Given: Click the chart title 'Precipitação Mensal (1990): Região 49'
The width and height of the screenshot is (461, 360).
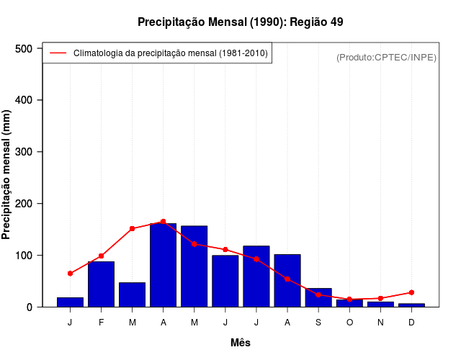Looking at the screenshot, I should pyautogui.click(x=240, y=22).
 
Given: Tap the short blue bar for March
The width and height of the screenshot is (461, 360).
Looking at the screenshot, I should pyautogui.click(x=133, y=294).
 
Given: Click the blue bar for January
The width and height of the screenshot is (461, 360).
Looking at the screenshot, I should pyautogui.click(x=71, y=302).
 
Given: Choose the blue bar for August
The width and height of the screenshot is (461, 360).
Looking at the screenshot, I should pyautogui.click(x=287, y=281).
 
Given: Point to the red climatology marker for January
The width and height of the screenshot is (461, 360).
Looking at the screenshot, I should pyautogui.click(x=71, y=274).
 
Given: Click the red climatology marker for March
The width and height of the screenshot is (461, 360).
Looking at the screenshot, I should pyautogui.click(x=133, y=228).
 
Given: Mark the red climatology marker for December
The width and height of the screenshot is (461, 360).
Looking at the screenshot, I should pyautogui.click(x=411, y=292).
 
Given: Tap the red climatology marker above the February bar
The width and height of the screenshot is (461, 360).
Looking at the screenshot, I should pyautogui.click(x=102, y=256).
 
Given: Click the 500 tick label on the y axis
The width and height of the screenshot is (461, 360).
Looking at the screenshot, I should pyautogui.click(x=24, y=48).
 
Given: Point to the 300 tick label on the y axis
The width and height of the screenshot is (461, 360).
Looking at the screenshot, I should pyautogui.click(x=24, y=152).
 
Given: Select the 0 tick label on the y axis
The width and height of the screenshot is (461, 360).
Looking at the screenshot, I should pyautogui.click(x=30, y=307).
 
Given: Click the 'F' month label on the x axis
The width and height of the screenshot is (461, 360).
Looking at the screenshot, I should pyautogui.click(x=102, y=322).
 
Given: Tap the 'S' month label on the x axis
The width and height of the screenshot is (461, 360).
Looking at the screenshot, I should pyautogui.click(x=318, y=322).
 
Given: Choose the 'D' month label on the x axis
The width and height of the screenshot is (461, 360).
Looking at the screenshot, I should pyautogui.click(x=411, y=322).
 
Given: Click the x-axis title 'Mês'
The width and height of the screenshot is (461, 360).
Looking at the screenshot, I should pyautogui.click(x=241, y=343).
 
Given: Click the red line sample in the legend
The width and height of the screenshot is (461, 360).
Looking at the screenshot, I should pyautogui.click(x=58, y=53).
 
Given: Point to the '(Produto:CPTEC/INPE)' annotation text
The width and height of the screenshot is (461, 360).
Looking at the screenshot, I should pyautogui.click(x=386, y=57).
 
